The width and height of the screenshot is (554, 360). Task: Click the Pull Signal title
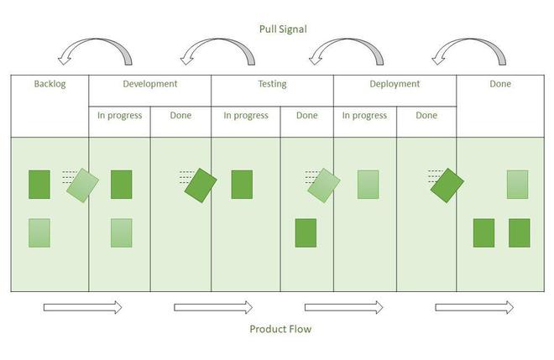[283, 29]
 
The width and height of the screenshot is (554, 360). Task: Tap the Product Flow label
[280, 329]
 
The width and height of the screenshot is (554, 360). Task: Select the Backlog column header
[50, 84]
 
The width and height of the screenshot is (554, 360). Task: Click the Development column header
[149, 84]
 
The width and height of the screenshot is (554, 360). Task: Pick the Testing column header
[272, 84]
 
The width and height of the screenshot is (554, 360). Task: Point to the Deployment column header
[395, 84]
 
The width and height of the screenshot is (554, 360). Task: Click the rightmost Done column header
[499, 84]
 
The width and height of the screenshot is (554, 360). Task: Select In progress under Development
[119, 116]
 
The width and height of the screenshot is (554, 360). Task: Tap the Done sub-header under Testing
[306, 116]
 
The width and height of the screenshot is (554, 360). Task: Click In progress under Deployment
[364, 116]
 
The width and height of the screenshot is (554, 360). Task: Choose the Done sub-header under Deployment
[426, 116]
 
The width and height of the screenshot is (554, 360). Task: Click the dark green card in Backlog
[39, 185]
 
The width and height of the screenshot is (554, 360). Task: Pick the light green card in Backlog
[39, 232]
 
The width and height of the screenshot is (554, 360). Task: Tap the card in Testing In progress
[242, 185]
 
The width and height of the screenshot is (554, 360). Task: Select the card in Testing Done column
[306, 232]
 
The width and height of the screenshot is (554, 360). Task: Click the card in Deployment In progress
[368, 185]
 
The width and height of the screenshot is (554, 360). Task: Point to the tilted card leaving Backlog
[82, 185]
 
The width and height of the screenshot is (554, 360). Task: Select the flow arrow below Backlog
[82, 307]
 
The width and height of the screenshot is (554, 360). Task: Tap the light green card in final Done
[517, 185]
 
